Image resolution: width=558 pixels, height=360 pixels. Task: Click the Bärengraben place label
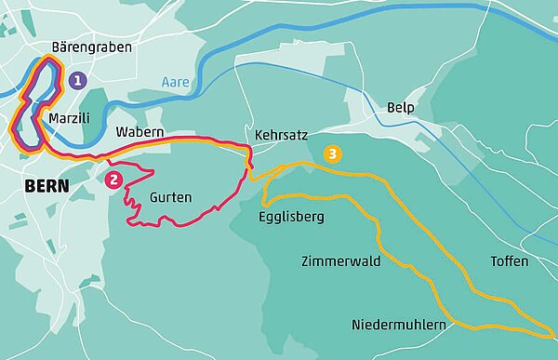tap(92, 47)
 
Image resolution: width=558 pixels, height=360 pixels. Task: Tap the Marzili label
tap(68, 120)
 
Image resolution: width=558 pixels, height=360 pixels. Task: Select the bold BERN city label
tap(42, 186)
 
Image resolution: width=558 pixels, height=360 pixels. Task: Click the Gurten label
tap(170, 197)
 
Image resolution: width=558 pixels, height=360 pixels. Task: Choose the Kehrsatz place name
tap(280, 135)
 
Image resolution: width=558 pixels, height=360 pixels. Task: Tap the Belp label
tap(398, 108)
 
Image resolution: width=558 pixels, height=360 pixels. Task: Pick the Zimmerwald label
tap(341, 261)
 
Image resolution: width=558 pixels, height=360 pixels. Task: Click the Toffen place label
tap(509, 261)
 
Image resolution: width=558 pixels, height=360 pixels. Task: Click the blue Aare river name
tap(174, 82)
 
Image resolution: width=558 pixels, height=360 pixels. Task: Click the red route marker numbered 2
tap(113, 180)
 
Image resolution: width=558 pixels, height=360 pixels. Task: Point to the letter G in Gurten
tap(153, 197)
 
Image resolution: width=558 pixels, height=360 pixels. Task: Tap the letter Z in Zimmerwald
tap(306, 261)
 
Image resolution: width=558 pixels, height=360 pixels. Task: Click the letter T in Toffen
tap(494, 261)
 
